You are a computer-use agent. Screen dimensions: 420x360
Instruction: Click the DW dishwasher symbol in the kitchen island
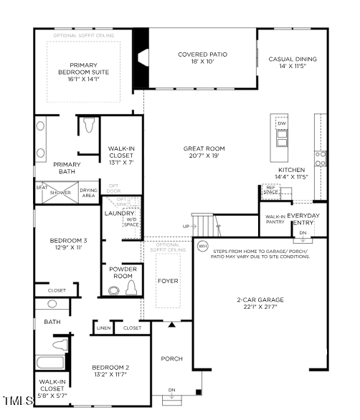281,123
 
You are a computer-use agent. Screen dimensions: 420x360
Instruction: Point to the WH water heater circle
203,246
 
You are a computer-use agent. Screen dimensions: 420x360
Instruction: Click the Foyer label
168,281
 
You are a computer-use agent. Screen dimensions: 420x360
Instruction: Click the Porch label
171,358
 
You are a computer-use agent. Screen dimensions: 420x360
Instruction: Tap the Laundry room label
119,214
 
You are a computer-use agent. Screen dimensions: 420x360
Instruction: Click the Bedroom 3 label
68,244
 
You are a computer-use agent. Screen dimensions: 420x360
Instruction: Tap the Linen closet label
101,328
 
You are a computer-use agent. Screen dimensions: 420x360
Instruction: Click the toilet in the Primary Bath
89,126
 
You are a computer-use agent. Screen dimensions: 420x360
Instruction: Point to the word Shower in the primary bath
60,193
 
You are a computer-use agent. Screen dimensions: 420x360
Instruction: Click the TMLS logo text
16,400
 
